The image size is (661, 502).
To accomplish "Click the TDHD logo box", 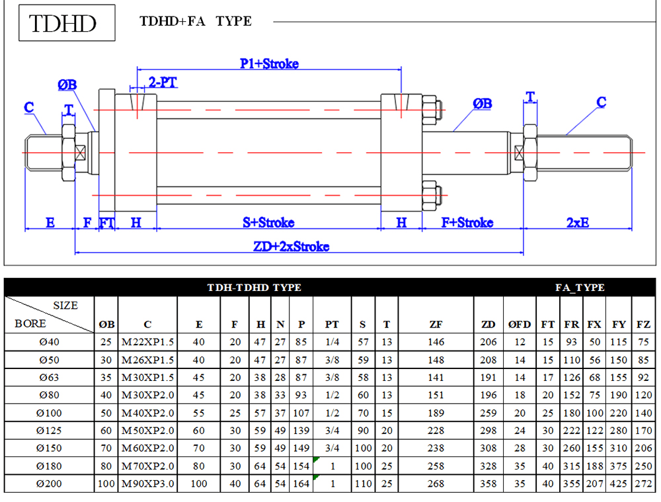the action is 67,22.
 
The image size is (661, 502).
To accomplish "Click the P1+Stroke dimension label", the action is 270,63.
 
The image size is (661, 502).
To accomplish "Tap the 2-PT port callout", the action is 163,82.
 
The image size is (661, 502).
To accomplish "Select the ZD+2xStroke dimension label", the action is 292,246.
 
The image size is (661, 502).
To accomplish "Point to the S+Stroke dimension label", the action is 268,222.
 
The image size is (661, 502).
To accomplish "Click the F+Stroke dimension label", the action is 467,222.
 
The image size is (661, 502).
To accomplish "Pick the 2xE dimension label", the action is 578,222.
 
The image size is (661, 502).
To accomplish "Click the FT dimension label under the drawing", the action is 106,222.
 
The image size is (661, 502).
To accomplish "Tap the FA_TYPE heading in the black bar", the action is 580,288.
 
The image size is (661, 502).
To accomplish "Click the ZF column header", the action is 436,324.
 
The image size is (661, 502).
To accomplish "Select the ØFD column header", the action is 520,324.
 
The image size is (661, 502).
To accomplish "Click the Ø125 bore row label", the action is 49,431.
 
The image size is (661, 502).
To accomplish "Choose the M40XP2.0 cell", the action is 148,413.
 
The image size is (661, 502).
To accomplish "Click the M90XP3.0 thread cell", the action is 148,484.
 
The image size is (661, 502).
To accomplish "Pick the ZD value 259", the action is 488,413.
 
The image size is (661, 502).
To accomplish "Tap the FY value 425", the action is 619,484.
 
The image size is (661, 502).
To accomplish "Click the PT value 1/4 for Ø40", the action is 332,342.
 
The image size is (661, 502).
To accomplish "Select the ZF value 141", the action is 436,378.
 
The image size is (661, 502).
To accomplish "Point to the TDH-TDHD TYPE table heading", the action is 254,288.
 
